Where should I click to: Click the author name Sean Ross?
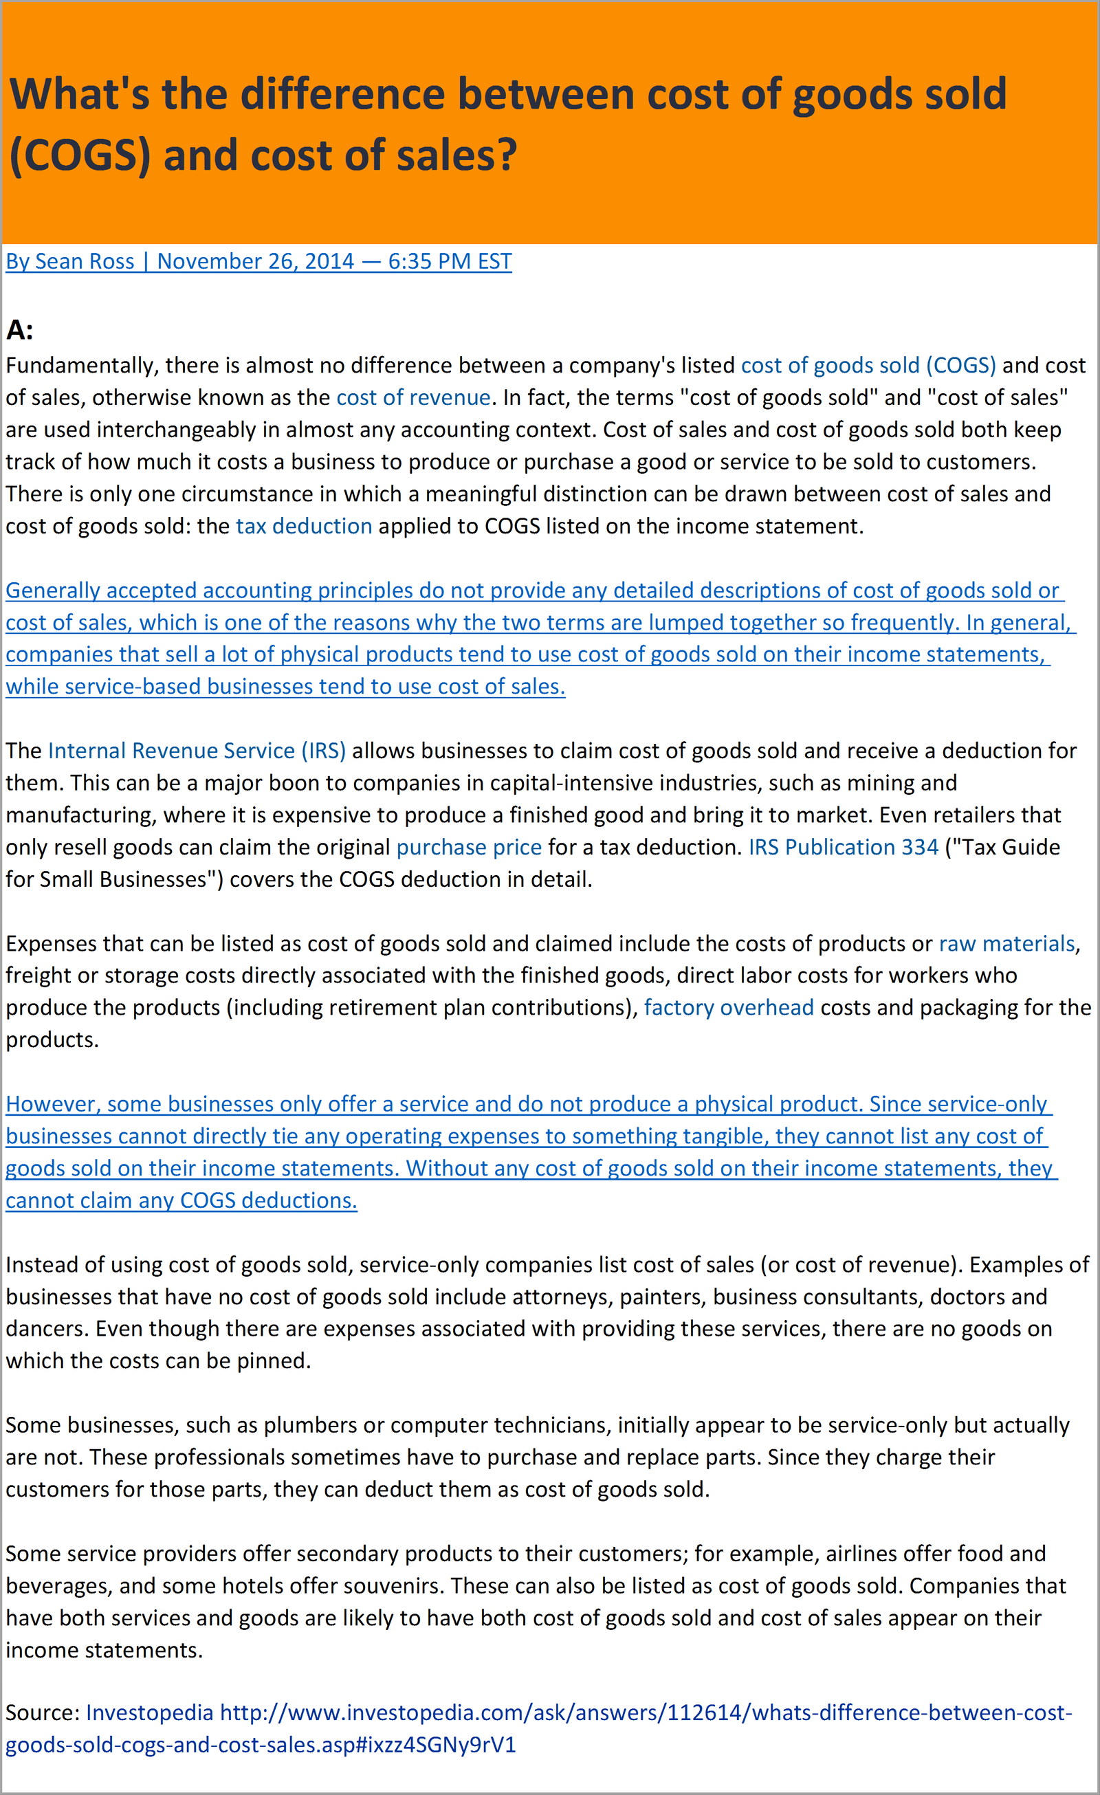click(85, 261)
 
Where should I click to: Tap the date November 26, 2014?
click(255, 261)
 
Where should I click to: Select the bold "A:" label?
click(20, 331)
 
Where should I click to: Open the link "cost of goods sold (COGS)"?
click(868, 366)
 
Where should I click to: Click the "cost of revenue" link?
click(413, 398)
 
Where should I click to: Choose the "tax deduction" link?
click(304, 526)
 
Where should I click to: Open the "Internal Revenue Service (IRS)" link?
click(197, 751)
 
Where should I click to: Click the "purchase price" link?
click(468, 847)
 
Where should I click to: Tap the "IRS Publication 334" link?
click(843, 847)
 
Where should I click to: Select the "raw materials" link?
click(1006, 943)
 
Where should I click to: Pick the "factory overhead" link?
click(729, 1008)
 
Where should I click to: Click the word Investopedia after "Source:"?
click(149, 1713)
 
